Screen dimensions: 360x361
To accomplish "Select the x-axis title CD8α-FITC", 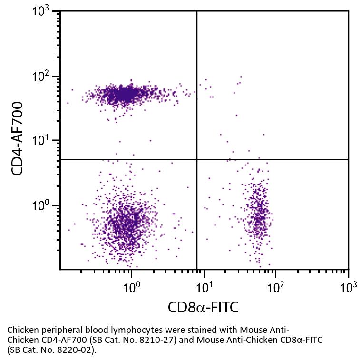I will click(x=203, y=308).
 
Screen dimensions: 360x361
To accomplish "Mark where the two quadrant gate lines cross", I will click(x=196, y=159).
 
